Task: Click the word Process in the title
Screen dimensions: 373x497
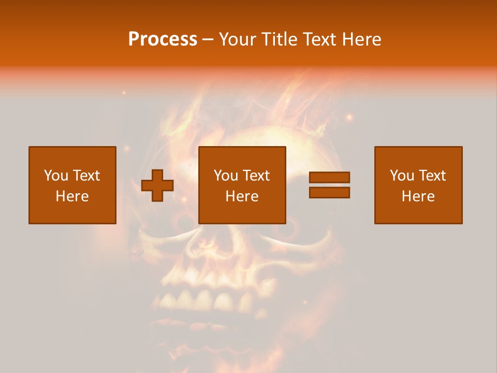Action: click(163, 39)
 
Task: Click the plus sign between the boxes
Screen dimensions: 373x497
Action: click(157, 185)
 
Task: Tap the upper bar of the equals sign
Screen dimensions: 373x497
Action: click(329, 177)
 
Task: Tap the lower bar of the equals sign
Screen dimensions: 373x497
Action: click(329, 192)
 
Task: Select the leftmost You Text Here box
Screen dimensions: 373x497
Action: click(72, 185)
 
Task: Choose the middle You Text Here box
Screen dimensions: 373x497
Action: click(242, 185)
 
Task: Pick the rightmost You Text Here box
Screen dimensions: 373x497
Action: click(418, 185)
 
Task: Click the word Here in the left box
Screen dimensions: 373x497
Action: click(72, 196)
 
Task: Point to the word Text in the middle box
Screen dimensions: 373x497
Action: click(255, 176)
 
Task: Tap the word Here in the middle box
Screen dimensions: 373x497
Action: click(242, 196)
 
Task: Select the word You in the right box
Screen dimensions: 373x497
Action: click(402, 176)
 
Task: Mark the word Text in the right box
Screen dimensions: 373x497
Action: click(431, 176)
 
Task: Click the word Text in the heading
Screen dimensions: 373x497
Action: click(319, 39)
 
